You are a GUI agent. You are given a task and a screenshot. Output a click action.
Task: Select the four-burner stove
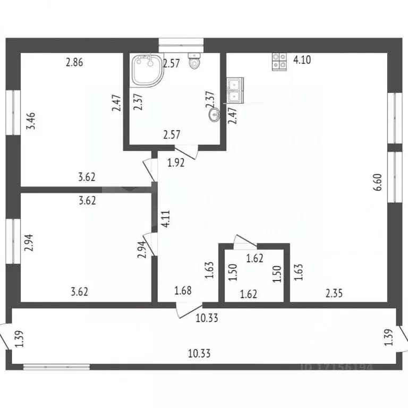coord(279,62)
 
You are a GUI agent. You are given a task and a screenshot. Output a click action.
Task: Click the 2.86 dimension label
coord(74,62)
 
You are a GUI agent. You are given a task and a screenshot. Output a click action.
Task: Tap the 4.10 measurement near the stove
coord(302,60)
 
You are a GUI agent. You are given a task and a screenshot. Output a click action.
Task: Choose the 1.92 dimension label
coord(176,163)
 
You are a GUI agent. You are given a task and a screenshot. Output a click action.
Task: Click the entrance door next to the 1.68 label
coord(189,311)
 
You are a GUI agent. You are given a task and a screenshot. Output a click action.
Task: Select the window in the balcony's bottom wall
coord(56,367)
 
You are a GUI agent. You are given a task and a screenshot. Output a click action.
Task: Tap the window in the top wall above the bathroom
coord(181,42)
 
